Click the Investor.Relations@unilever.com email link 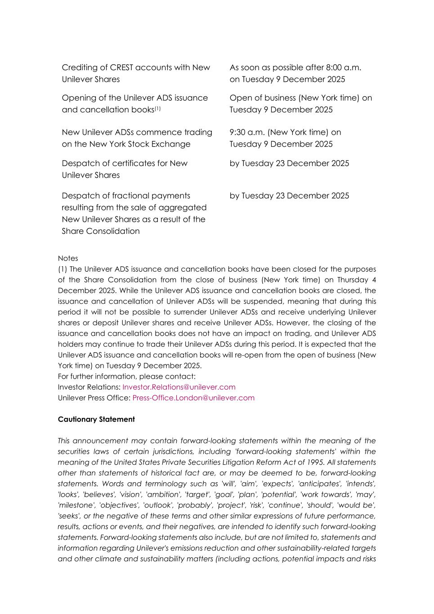tap(179, 387)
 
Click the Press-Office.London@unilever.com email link tap(193, 398)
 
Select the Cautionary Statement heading tap(96, 419)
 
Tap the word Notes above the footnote tap(68, 259)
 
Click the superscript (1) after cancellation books tap(157, 108)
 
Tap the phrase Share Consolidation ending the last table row tap(101, 231)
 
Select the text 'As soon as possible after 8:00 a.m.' tap(295, 67)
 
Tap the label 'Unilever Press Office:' tap(94, 398)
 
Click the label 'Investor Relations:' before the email tap(89, 387)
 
